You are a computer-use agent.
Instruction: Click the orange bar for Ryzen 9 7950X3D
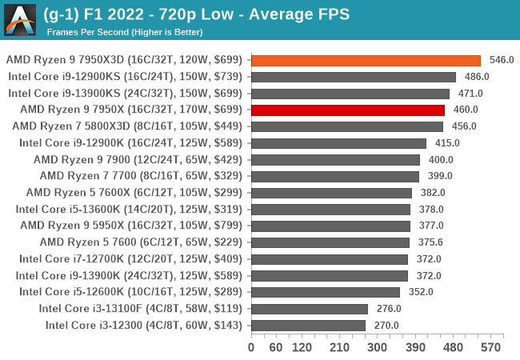(x=366, y=60)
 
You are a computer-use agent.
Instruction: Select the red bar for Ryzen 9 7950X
(x=347, y=110)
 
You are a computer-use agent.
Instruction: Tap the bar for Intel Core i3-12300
(x=308, y=325)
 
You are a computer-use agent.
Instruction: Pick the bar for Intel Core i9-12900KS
(x=353, y=77)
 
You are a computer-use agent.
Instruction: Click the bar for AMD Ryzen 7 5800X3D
(x=346, y=126)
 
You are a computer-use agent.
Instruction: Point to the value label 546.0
(x=501, y=60)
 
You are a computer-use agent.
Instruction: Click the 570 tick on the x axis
(x=490, y=347)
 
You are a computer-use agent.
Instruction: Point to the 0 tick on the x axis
(x=251, y=347)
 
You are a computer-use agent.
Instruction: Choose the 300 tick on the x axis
(x=378, y=347)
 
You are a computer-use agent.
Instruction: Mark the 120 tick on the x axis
(x=302, y=347)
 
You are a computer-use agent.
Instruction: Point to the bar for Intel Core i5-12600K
(x=326, y=292)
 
